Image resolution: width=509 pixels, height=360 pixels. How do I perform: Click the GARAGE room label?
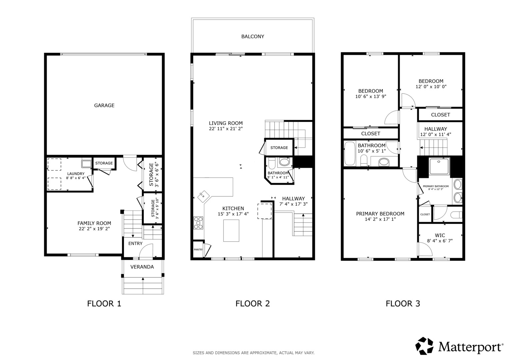[x=104, y=105]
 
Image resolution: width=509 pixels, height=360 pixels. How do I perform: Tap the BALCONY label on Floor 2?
[x=253, y=37]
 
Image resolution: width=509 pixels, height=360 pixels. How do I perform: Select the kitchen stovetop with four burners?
[x=198, y=223]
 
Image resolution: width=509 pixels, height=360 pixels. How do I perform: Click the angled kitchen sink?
[x=204, y=196]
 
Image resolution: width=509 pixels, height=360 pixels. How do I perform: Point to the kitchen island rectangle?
[x=231, y=230]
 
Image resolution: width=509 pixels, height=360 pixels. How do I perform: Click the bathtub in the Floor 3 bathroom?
[x=350, y=153]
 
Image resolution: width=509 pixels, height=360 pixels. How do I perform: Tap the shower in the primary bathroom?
[x=439, y=166]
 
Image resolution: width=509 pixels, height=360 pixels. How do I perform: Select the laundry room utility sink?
[x=87, y=164]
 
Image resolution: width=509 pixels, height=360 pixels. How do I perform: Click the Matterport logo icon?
[x=424, y=346]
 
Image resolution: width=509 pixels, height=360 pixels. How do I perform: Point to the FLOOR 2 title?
[x=253, y=304]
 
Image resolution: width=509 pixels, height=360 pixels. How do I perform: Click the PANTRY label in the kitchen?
[x=198, y=250]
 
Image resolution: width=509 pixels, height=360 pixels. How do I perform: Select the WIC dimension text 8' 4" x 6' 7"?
[x=440, y=241]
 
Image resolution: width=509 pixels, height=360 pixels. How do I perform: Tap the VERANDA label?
[x=142, y=267]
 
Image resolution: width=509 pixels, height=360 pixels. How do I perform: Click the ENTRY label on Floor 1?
[x=135, y=243]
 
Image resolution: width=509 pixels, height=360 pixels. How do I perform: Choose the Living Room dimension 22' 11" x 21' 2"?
[x=226, y=129]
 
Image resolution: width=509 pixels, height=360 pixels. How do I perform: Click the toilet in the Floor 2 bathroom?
[x=272, y=163]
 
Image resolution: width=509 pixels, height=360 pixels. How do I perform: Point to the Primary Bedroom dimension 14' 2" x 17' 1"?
[x=380, y=219]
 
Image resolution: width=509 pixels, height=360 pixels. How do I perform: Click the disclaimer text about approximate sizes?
[x=254, y=353]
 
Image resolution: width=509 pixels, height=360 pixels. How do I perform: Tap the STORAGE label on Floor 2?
[x=279, y=148]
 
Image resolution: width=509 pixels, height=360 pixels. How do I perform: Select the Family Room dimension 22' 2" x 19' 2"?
[x=94, y=229]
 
